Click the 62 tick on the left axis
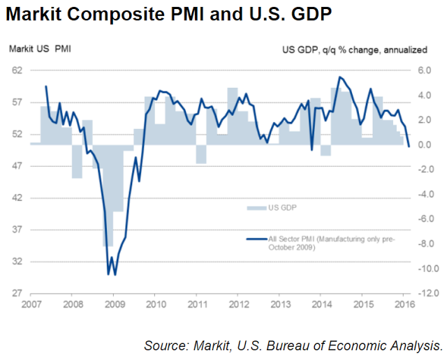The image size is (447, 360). coord(17,70)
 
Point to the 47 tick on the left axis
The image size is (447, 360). coord(17,166)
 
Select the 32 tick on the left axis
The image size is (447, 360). coord(17,262)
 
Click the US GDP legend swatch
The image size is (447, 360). coord(256,207)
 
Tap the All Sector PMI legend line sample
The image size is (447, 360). coord(256,239)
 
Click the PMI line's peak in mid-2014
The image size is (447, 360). coord(339,77)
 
